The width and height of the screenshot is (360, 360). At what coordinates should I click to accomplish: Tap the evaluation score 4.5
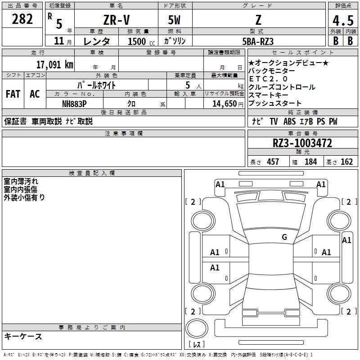pos(342,20)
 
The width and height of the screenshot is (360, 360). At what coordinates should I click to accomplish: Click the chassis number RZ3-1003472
pos(302,144)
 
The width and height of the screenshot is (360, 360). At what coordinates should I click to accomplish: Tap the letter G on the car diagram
pos(284,237)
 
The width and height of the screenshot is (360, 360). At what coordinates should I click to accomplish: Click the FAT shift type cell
pos(13,94)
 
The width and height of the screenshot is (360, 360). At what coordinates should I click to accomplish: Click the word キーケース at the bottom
pos(23,337)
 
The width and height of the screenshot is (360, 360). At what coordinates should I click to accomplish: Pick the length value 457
pos(273,162)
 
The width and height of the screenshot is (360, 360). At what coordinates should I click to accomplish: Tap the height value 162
pos(346,162)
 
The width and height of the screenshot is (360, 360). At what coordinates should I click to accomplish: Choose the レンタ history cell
pos(97,41)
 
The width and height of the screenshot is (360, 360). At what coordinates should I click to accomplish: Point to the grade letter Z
pos(258,20)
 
